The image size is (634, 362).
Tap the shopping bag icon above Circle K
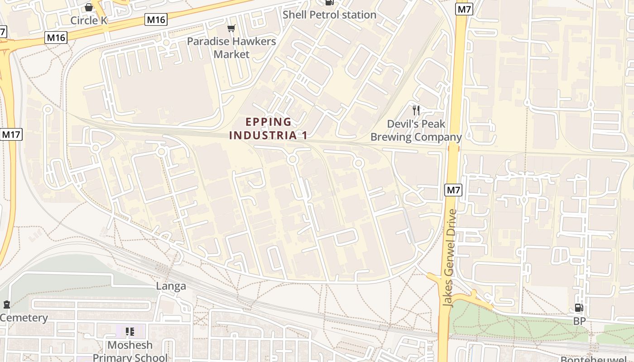(89, 7)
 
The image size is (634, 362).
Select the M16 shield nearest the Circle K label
(156, 19)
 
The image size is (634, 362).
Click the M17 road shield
(11, 134)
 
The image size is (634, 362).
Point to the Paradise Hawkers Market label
(231, 48)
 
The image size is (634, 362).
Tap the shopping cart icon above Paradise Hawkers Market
(231, 29)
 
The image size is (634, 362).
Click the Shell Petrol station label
(329, 15)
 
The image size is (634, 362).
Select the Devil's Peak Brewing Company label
(416, 130)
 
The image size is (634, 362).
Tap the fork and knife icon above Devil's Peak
(416, 110)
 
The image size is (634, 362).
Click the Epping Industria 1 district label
(269, 129)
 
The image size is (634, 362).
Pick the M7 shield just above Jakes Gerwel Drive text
(453, 190)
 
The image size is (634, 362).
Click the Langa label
(171, 286)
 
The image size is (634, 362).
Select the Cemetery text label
(24, 318)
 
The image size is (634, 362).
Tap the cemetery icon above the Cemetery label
(6, 305)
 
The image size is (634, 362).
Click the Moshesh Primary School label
(130, 351)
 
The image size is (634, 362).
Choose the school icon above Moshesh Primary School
(130, 332)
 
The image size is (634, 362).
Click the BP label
(579, 321)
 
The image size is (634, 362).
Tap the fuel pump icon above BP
(579, 308)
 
